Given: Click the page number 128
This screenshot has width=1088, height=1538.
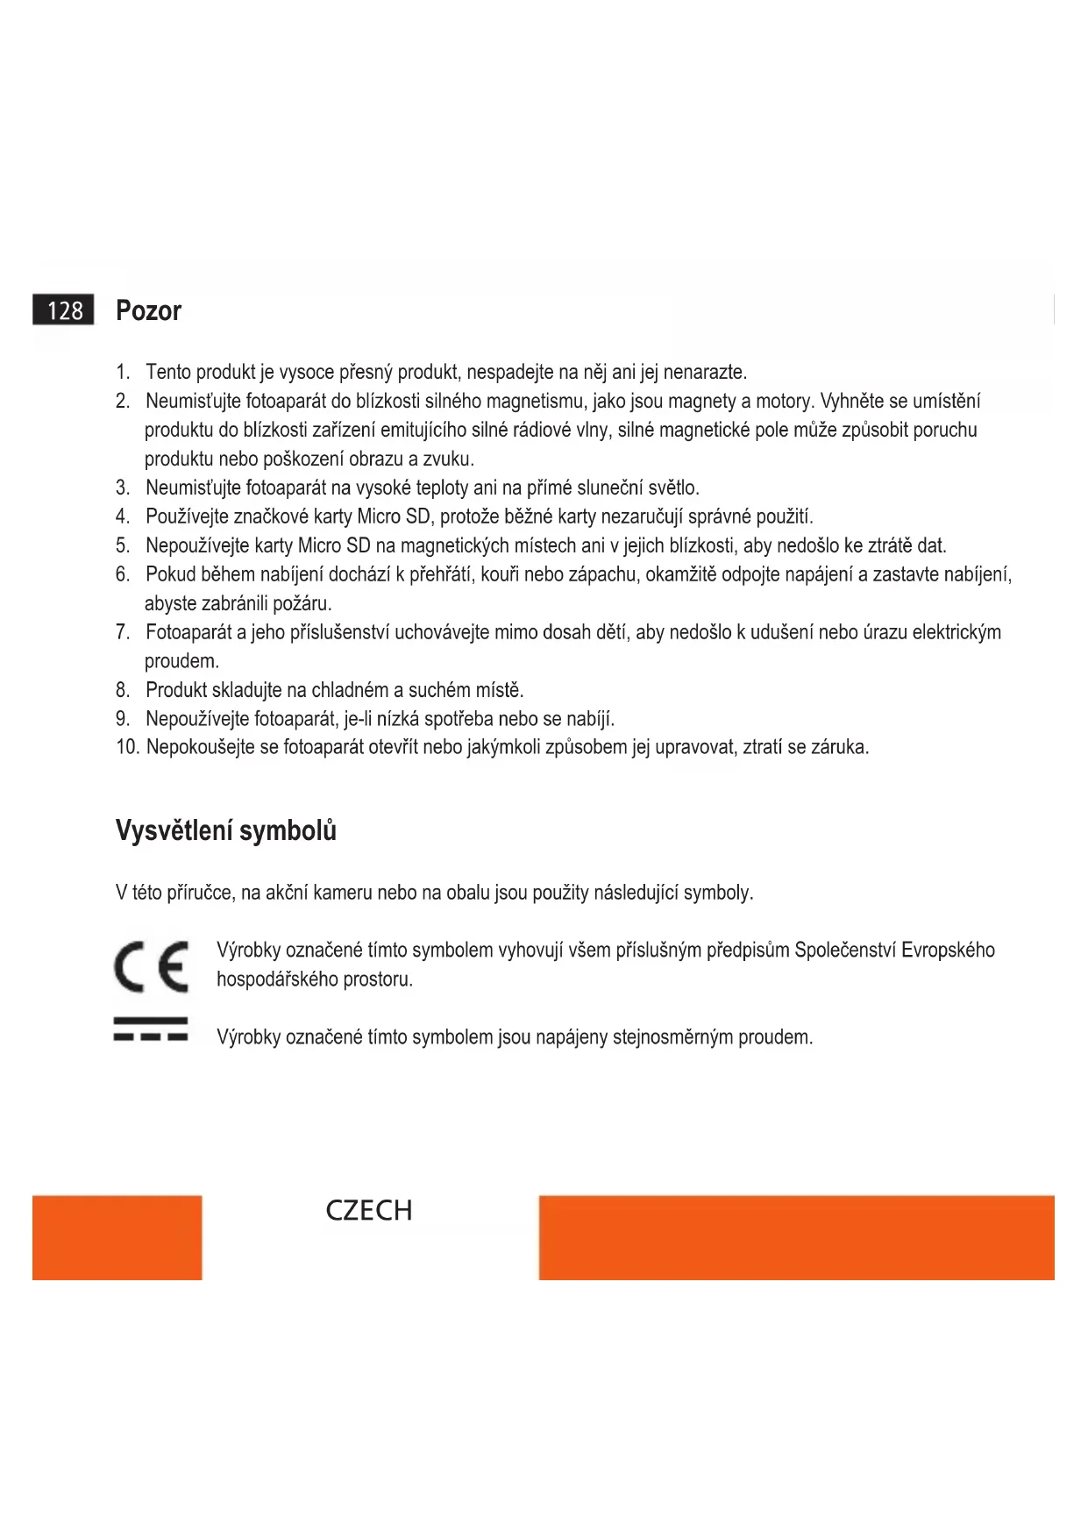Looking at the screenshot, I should pyautogui.click(x=64, y=311).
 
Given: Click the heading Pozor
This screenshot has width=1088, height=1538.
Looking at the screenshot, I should pyautogui.click(x=148, y=311).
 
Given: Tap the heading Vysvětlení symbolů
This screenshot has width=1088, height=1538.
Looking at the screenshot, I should pyautogui.click(x=225, y=830).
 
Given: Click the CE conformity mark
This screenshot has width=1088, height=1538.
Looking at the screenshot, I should pyautogui.click(x=151, y=966).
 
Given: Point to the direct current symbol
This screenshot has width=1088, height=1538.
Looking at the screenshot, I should pyautogui.click(x=151, y=1029).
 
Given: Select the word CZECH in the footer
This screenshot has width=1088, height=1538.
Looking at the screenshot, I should pyautogui.click(x=368, y=1211).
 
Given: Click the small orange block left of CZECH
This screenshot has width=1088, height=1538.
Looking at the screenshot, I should pyautogui.click(x=117, y=1237).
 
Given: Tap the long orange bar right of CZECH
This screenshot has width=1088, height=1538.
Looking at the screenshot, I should pyautogui.click(x=796, y=1237).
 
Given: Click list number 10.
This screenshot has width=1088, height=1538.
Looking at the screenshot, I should pyautogui.click(x=127, y=748).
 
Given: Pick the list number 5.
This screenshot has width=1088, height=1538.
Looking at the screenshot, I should pyautogui.click(x=123, y=545).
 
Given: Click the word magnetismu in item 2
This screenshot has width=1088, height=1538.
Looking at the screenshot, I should pyautogui.click(x=534, y=402).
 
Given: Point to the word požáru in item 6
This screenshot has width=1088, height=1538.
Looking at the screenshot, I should pyautogui.click(x=302, y=604).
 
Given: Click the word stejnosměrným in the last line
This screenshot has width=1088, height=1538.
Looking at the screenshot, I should pyautogui.click(x=672, y=1037).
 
